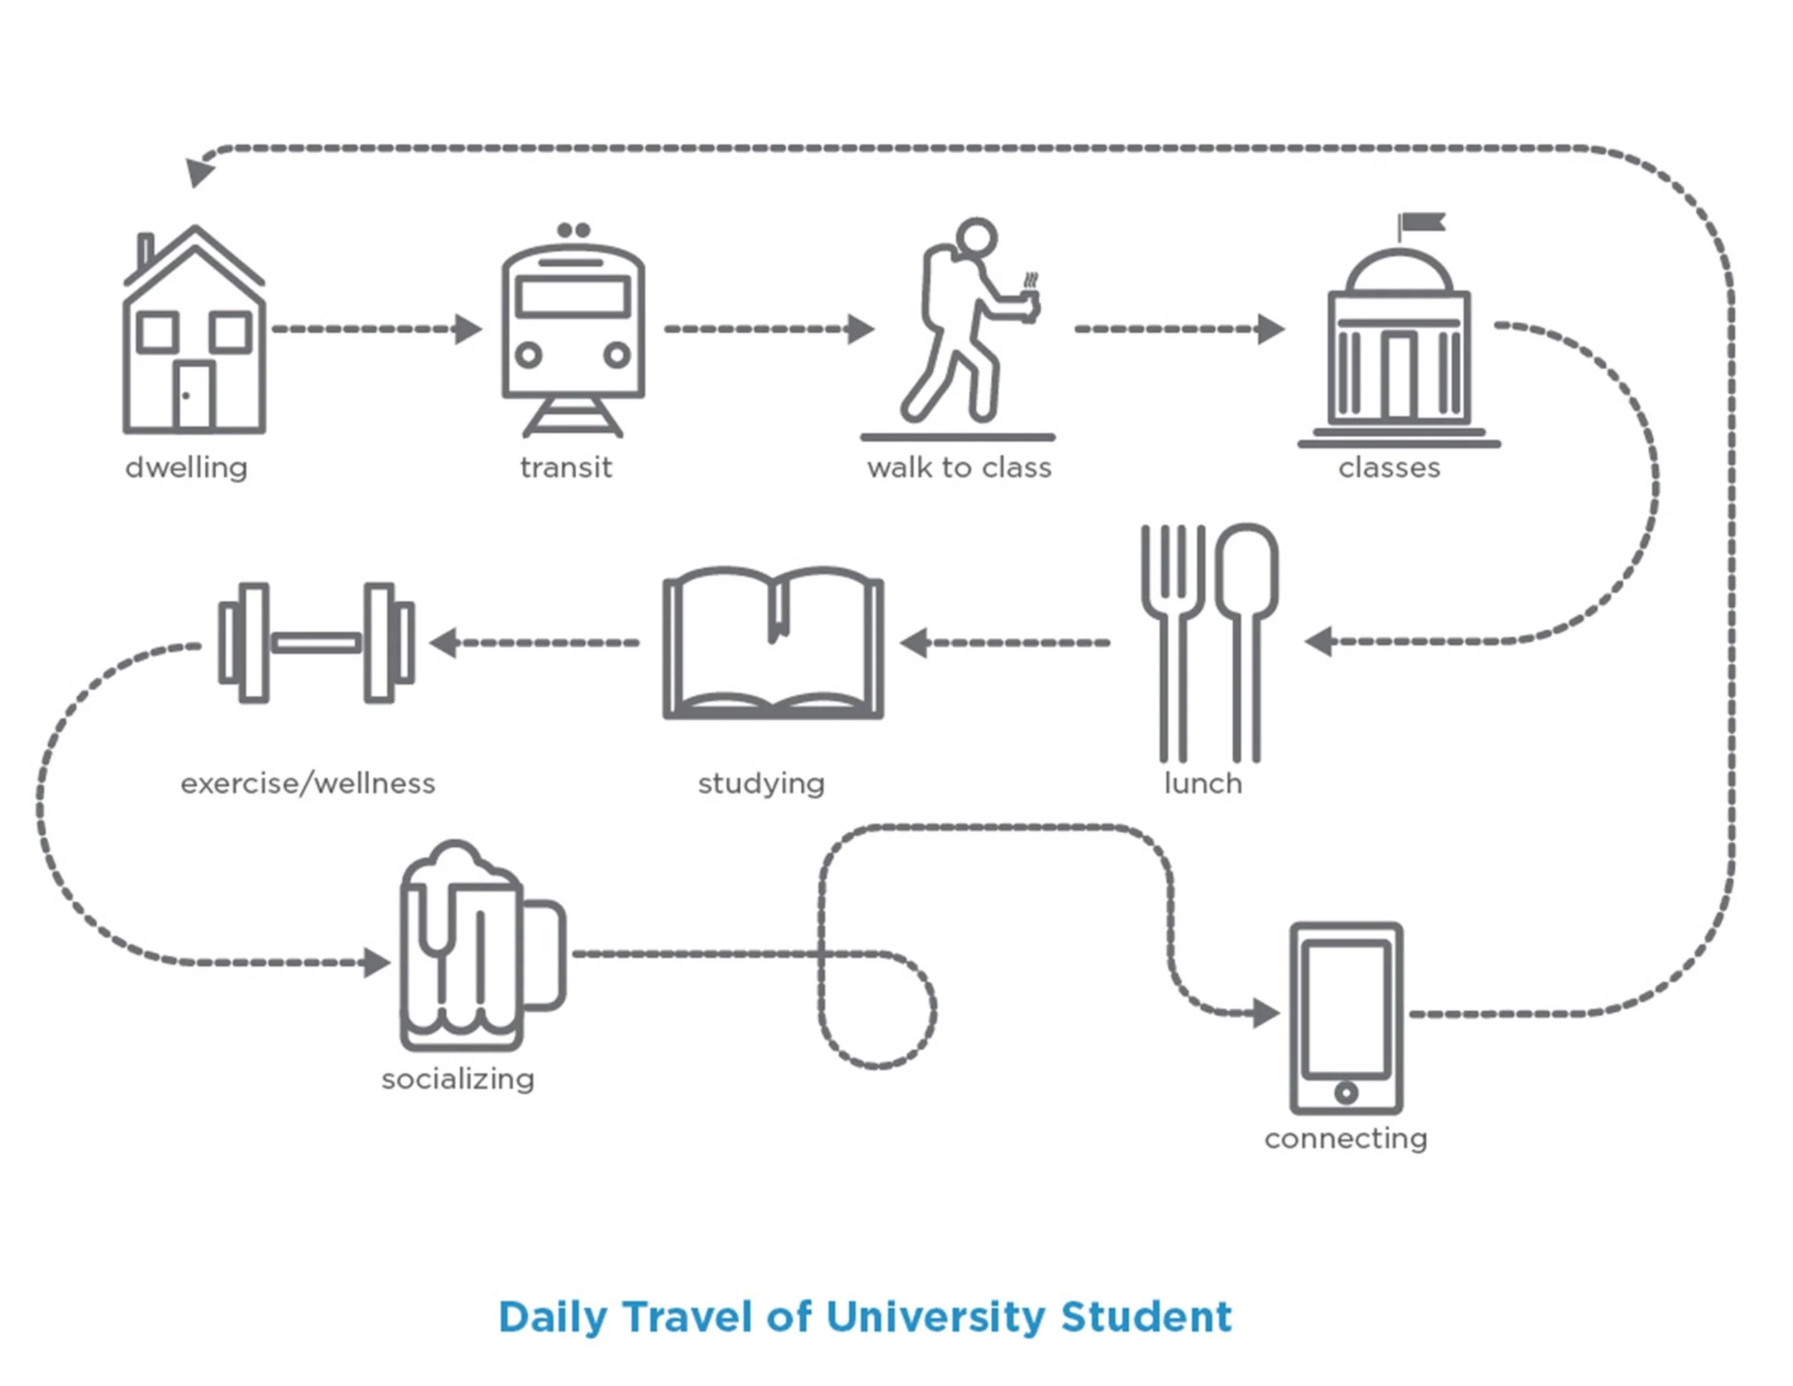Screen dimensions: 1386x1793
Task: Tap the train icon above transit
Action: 573,329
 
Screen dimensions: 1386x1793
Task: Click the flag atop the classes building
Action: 1423,222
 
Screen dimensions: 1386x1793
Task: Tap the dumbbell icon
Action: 316,643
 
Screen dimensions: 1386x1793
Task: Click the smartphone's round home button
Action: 1346,1092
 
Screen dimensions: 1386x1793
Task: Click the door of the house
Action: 194,396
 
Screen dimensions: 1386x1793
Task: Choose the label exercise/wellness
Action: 308,783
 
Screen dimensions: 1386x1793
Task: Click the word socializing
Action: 458,1079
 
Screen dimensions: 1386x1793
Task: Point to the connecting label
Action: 1346,1138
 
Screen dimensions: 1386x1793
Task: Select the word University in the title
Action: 936,1317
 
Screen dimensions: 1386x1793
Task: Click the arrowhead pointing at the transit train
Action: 468,329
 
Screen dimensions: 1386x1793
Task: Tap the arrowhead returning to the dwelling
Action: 199,171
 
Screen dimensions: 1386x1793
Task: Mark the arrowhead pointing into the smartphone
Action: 1265,1013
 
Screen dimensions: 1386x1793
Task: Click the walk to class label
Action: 959,468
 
